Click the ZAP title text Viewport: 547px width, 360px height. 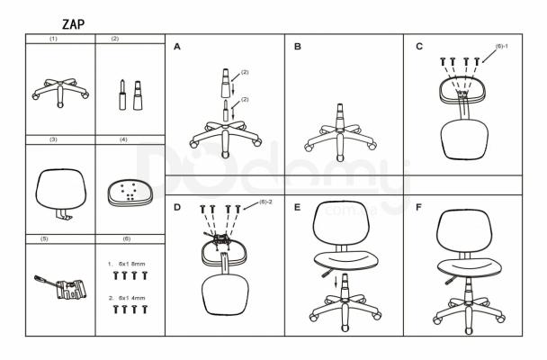click(x=73, y=24)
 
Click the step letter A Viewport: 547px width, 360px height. click(x=177, y=47)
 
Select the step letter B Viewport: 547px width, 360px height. click(x=298, y=47)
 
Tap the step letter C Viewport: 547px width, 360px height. click(x=419, y=47)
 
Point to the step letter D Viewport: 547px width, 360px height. click(x=177, y=207)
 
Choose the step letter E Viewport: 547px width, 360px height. click(x=297, y=207)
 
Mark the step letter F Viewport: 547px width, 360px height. click(x=418, y=207)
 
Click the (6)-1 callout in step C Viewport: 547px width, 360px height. click(x=502, y=46)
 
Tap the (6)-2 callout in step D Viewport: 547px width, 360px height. click(x=265, y=202)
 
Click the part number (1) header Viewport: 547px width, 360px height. click(x=53, y=39)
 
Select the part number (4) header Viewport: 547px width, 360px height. click(x=123, y=139)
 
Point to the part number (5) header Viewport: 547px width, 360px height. click(x=44, y=239)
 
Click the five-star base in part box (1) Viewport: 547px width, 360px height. click(x=60, y=92)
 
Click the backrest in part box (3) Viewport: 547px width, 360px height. click(x=60, y=189)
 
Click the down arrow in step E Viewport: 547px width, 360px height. click(x=336, y=282)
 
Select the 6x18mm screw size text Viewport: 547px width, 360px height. click(x=131, y=264)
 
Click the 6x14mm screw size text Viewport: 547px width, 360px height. click(x=131, y=298)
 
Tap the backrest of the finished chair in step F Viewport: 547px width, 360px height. click(x=464, y=231)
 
